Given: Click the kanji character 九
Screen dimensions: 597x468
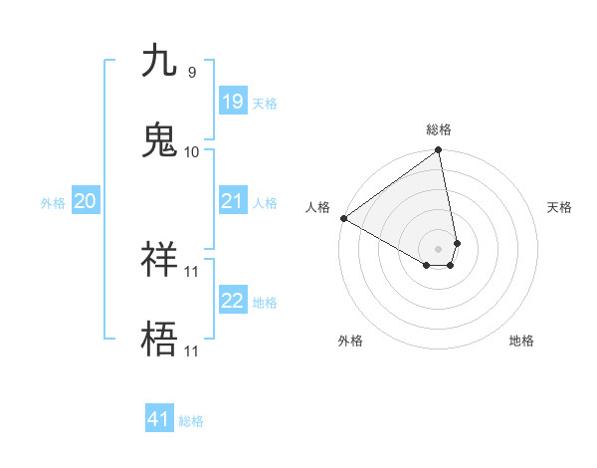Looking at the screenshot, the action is (x=159, y=62).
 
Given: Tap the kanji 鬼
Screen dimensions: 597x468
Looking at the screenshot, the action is (x=159, y=139).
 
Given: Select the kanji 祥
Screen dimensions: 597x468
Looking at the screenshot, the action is (x=159, y=261).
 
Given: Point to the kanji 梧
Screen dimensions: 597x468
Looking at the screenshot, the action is (x=159, y=340).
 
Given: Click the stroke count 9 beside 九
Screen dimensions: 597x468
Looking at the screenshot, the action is (x=191, y=73).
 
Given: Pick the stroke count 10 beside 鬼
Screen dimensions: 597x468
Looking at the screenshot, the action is (x=192, y=151).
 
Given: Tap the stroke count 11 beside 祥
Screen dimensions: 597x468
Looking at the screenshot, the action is (x=192, y=271).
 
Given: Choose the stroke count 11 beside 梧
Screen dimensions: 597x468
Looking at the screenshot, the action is (x=192, y=351).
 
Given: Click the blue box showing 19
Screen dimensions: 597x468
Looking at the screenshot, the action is (x=232, y=101).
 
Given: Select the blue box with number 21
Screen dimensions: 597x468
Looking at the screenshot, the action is (x=232, y=201).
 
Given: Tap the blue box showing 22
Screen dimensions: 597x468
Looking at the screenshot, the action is (x=232, y=301).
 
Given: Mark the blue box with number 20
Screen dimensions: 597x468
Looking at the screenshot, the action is (x=85, y=201).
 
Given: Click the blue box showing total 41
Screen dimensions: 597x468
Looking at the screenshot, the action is (x=159, y=419).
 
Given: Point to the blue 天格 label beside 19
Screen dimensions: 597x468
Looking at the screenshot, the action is (x=265, y=103).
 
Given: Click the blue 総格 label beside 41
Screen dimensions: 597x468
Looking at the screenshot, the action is (x=191, y=421).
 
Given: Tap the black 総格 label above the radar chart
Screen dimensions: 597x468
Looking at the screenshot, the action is (x=439, y=129).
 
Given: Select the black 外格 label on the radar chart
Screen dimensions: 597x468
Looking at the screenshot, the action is (x=350, y=341).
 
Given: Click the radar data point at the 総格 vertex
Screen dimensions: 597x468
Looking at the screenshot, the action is (x=439, y=151).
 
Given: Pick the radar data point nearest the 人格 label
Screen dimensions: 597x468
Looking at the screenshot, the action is (x=343, y=218).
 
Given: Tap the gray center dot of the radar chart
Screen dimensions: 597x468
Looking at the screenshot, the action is (x=439, y=247).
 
